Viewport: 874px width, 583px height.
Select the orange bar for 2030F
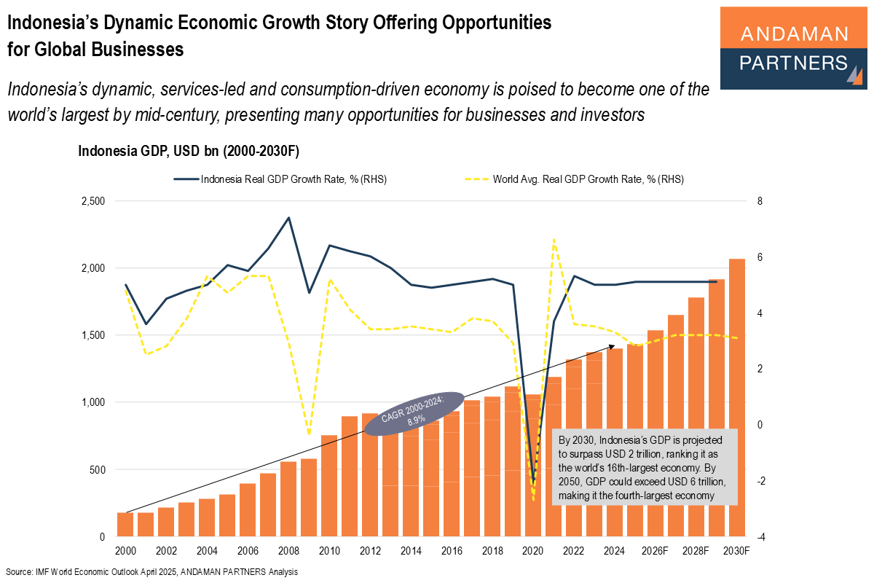pyautogui.click(x=737, y=397)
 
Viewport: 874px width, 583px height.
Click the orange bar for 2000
pyautogui.click(x=125, y=524)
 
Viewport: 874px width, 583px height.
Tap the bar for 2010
pyautogui.click(x=329, y=485)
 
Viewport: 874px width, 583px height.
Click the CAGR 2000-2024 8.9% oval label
pyautogui.click(x=414, y=413)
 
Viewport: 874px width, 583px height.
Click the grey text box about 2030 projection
pyautogui.click(x=645, y=467)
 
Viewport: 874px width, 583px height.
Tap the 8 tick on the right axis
pyautogui.click(x=760, y=201)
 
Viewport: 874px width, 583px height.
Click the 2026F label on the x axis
pyautogui.click(x=655, y=552)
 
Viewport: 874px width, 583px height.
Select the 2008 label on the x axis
pyautogui.click(x=288, y=552)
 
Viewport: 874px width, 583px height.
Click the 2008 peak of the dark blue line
pyautogui.click(x=288, y=217)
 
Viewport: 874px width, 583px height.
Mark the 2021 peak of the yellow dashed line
pyautogui.click(x=554, y=239)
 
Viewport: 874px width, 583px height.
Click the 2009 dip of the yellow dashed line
pyautogui.click(x=309, y=434)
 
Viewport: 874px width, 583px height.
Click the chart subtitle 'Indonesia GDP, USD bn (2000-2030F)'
pyautogui.click(x=189, y=152)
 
